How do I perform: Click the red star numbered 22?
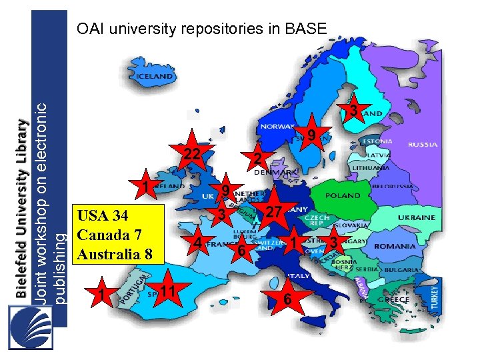tap(193, 154)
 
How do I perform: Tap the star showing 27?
tap(271, 212)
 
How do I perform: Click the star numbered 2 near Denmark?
tap(257, 159)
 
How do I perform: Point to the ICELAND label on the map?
tap(155, 77)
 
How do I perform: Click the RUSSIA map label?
tap(422, 144)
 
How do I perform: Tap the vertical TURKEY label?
tap(435, 293)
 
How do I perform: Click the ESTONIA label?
tap(377, 141)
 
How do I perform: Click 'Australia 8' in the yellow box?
tap(115, 254)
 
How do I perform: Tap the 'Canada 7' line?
tap(109, 235)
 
